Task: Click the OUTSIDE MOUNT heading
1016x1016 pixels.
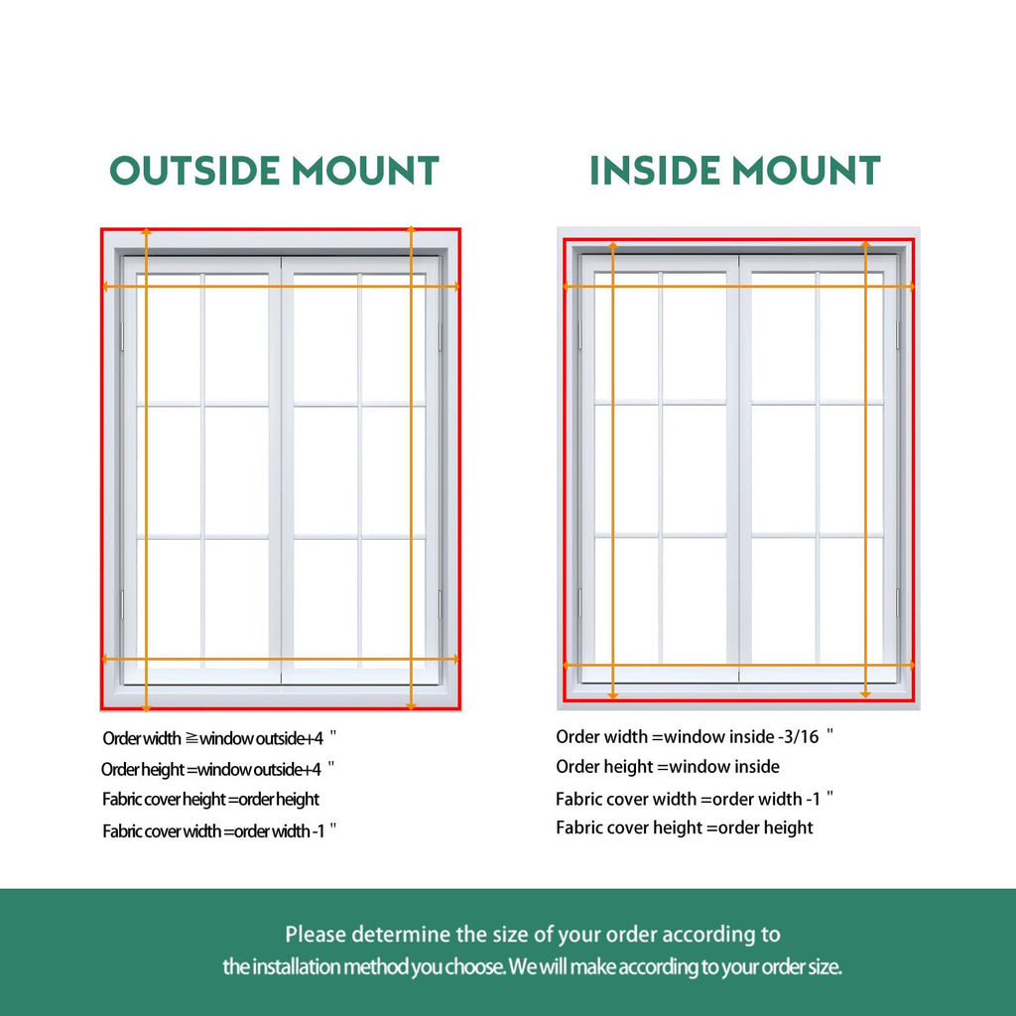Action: [274, 170]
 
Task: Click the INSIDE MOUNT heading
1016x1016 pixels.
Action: [735, 170]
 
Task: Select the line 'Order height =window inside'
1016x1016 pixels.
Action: [668, 767]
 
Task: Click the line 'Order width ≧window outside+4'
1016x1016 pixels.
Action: [219, 738]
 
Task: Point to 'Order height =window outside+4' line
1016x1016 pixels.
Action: [217, 769]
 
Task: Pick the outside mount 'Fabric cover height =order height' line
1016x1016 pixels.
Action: [210, 800]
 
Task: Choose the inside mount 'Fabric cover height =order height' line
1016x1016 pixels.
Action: [685, 827]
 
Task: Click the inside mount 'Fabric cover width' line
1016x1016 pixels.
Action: [694, 799]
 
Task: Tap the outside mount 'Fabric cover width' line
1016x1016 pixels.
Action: [219, 830]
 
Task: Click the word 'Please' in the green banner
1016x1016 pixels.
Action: [316, 935]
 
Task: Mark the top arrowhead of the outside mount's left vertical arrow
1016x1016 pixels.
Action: [147, 230]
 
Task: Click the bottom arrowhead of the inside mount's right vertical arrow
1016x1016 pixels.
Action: [865, 695]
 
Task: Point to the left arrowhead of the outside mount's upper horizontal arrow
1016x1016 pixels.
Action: [105, 286]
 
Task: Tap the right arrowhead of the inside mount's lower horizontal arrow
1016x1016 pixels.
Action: [911, 665]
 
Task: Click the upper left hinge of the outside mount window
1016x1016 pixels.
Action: [122, 337]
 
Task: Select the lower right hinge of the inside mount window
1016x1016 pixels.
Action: [897, 602]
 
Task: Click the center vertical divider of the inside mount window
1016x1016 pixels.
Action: [738, 468]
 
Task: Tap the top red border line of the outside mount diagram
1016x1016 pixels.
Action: [281, 229]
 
